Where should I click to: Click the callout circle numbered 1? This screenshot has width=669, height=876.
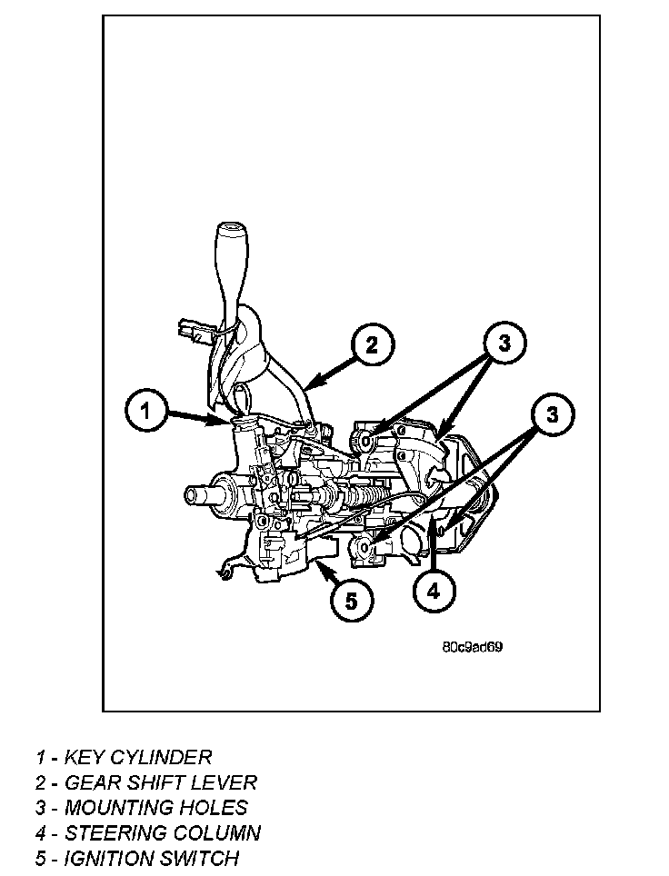click(145, 412)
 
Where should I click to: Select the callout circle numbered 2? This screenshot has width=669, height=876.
click(371, 345)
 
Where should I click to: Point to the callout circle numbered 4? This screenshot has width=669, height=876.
click(434, 590)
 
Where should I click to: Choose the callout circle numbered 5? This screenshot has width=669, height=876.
click(352, 599)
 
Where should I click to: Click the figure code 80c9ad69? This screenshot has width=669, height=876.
click(473, 648)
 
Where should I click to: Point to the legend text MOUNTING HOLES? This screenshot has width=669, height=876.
click(155, 807)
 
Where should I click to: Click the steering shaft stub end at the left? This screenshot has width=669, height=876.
click(195, 495)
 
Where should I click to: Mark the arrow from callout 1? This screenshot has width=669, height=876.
click(196, 418)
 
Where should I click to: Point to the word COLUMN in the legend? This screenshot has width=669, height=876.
click(217, 832)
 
